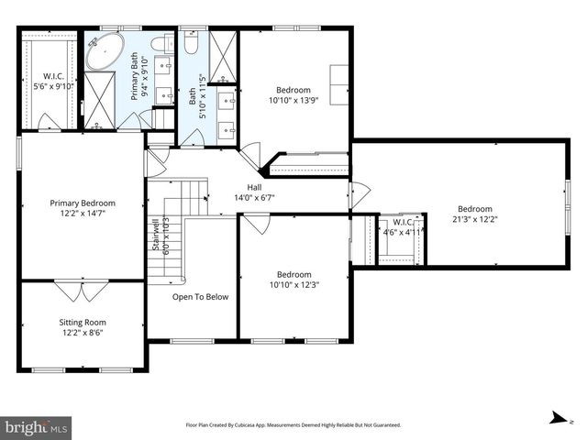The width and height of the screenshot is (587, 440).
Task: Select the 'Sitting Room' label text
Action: [x=83, y=323]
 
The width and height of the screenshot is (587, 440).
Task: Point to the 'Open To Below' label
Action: [x=200, y=297]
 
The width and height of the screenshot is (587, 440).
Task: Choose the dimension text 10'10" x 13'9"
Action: [x=293, y=101]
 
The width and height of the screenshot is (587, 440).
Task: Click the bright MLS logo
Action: [x=37, y=427]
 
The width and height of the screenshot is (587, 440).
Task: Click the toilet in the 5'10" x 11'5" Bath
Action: [x=192, y=44]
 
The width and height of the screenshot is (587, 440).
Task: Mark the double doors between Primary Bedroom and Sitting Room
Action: [x=71, y=291]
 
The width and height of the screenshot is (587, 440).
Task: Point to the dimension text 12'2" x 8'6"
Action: [x=83, y=334]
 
